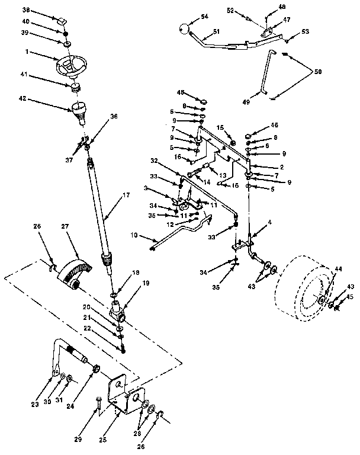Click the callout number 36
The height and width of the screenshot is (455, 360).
(x=113, y=117)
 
